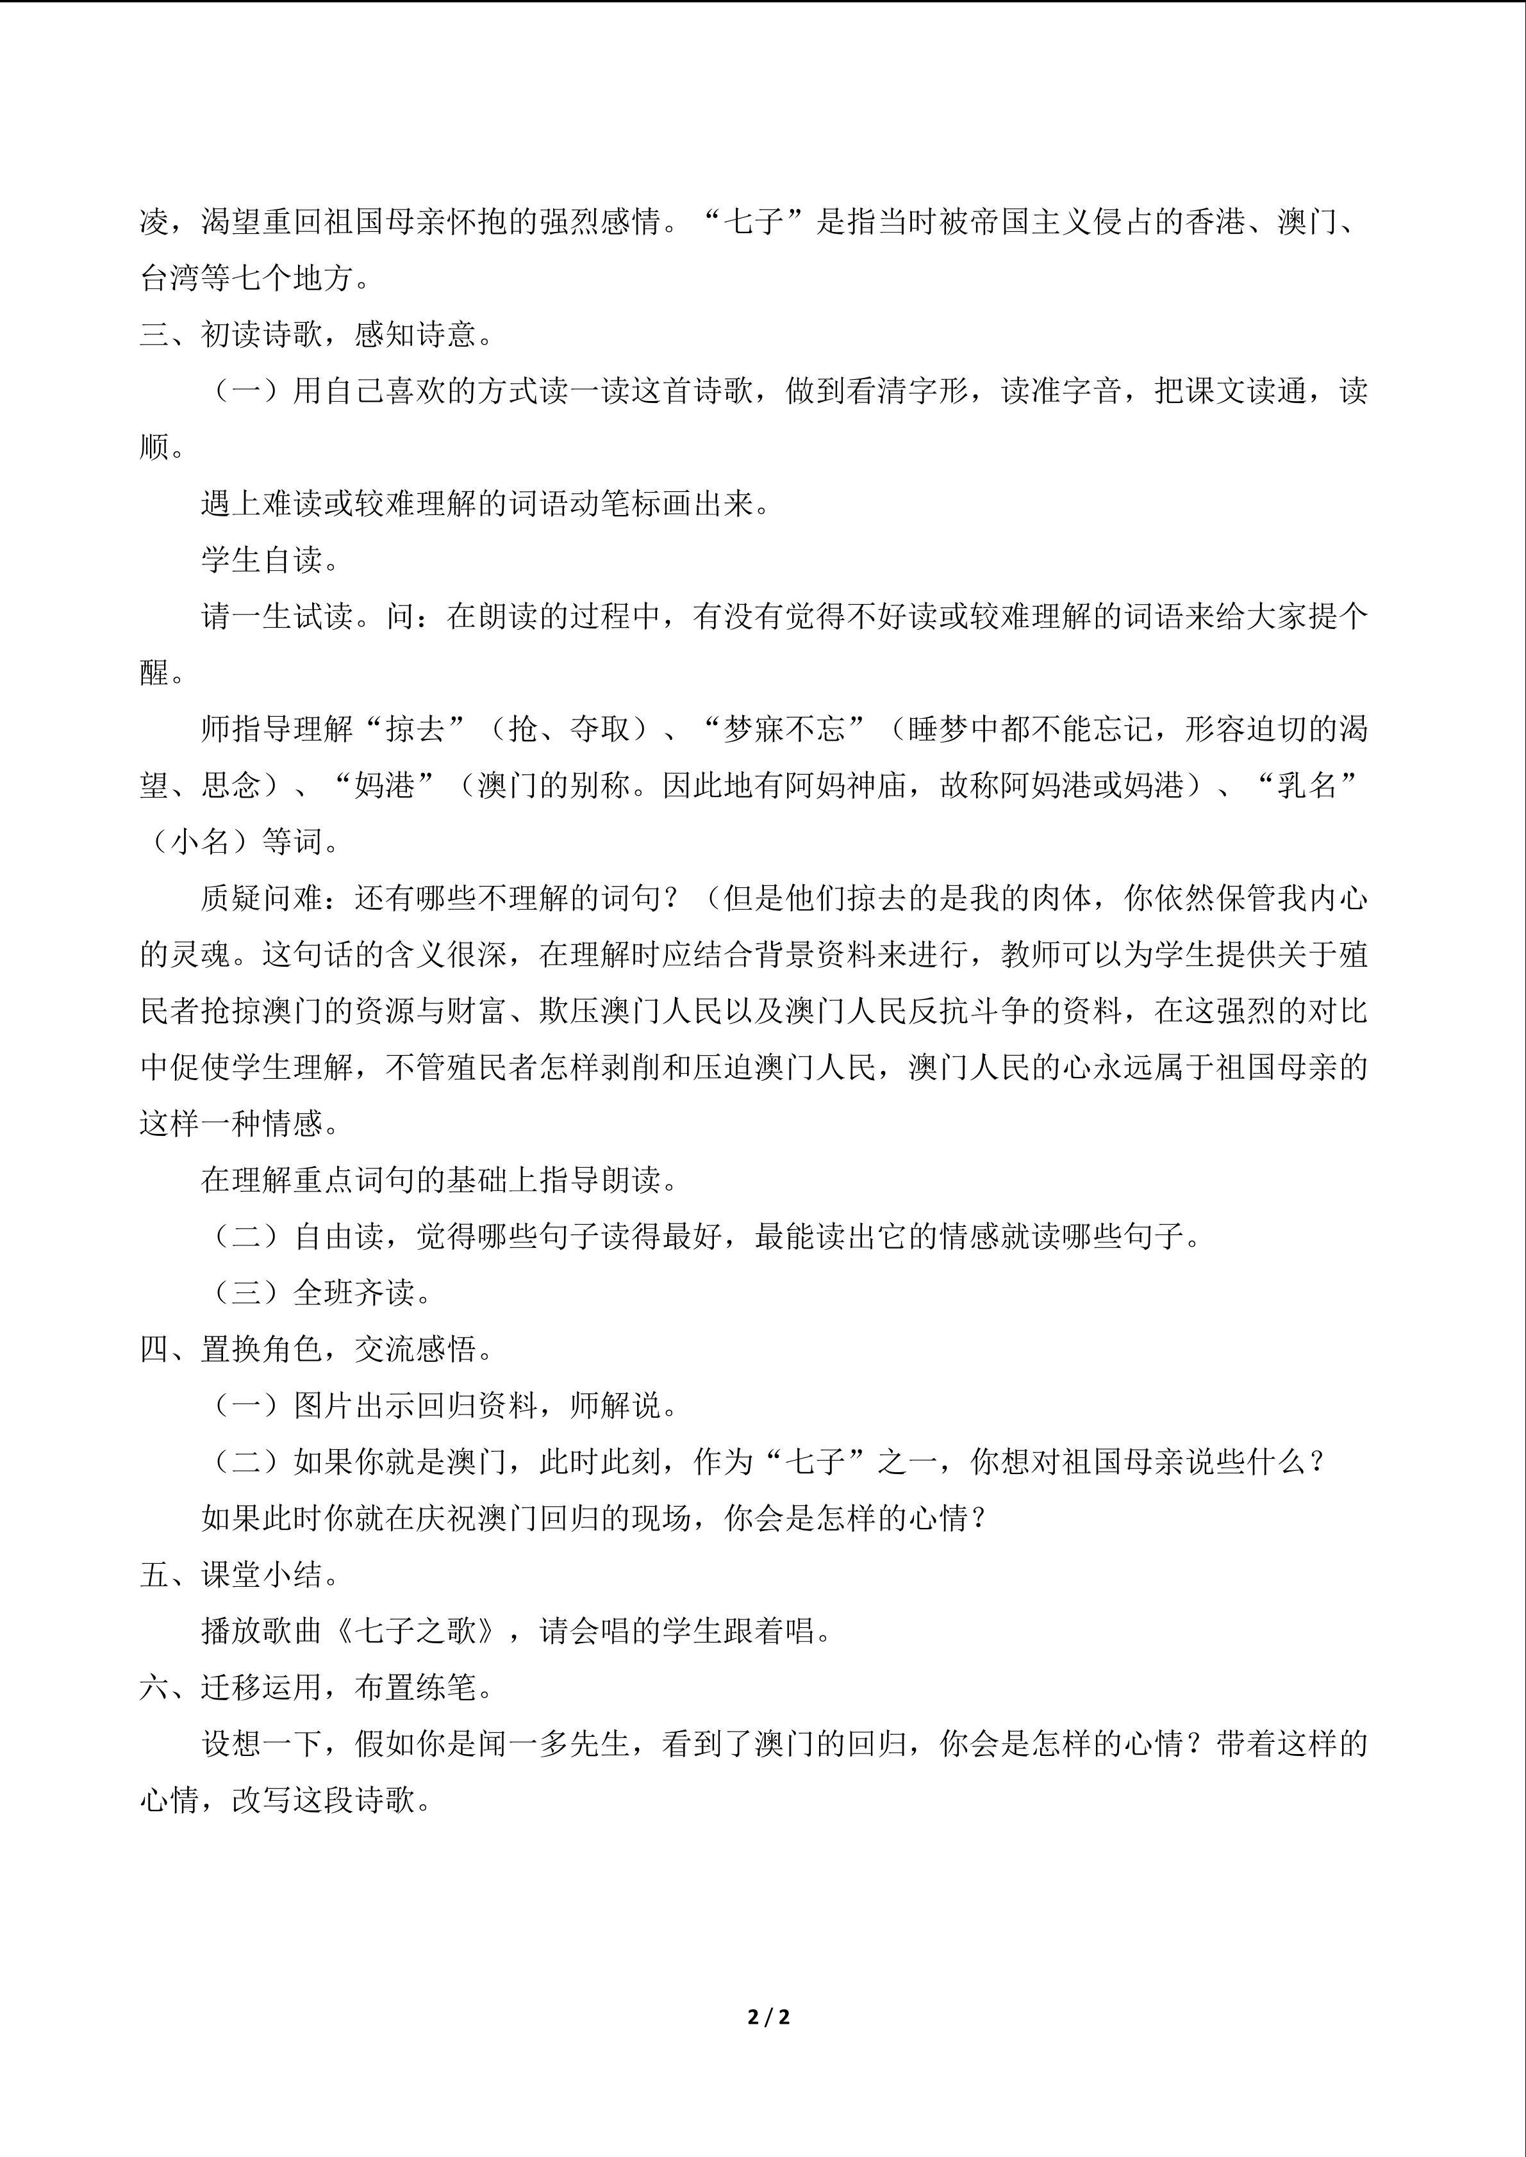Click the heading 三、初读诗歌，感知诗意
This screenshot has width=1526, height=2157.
click(317, 334)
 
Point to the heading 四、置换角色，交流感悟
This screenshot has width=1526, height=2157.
click(317, 1350)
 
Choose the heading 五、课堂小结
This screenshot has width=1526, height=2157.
click(240, 1575)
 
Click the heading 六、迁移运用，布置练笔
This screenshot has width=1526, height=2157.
click(317, 1688)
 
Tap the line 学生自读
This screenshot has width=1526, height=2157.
click(270, 560)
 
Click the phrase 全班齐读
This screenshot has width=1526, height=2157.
click(354, 1293)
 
